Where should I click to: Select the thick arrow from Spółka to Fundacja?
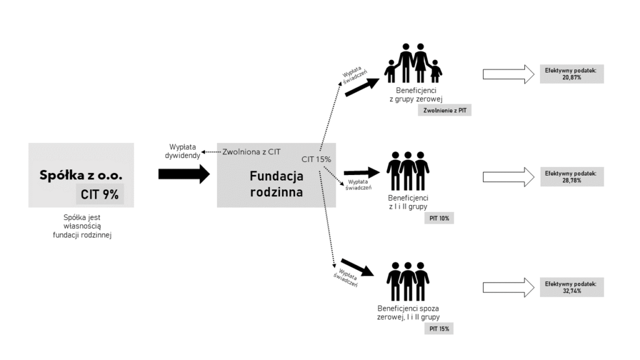click(x=184, y=174)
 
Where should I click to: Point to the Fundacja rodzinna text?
click(x=276, y=184)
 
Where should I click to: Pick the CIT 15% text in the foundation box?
click(x=316, y=159)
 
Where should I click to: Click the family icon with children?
click(x=412, y=62)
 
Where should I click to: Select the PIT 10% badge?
click(x=439, y=219)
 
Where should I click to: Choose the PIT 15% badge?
click(x=439, y=328)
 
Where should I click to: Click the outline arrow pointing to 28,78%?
click(x=508, y=176)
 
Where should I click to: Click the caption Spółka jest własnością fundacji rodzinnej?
click(x=81, y=226)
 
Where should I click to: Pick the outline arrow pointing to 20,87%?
click(x=508, y=74)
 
